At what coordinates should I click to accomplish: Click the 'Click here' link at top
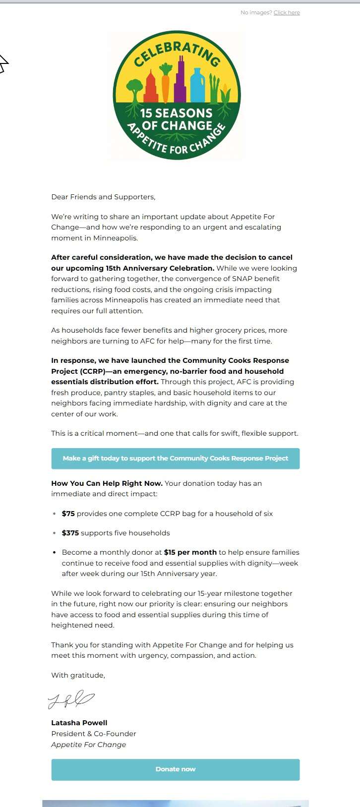(287, 12)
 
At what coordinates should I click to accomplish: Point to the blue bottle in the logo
(197, 86)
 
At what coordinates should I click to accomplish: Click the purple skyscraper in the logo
(180, 82)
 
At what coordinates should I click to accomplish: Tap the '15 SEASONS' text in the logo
(176, 113)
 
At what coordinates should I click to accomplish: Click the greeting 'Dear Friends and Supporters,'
(103, 197)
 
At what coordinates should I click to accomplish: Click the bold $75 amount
(68, 514)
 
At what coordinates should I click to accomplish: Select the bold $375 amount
(70, 533)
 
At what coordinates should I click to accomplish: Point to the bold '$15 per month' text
(190, 552)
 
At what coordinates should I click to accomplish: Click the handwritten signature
(71, 699)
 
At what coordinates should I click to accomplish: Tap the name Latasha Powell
(79, 723)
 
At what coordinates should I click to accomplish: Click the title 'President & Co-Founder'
(93, 734)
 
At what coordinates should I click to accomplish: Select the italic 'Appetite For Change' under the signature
(88, 745)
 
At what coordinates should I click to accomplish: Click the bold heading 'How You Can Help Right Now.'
(107, 483)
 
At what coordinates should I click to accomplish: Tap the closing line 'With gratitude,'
(78, 675)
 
